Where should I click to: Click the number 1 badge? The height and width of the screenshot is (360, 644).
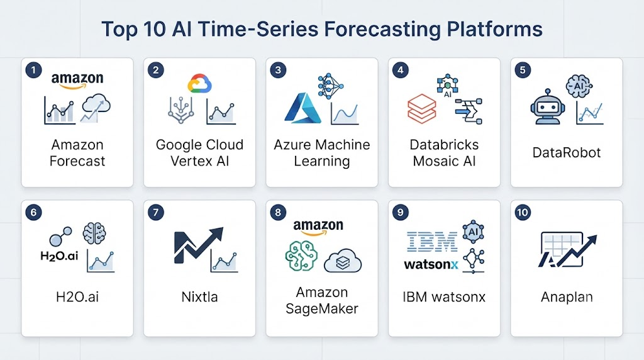click(34, 70)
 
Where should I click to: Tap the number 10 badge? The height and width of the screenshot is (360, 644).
click(523, 213)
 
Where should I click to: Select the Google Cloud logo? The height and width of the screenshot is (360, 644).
click(199, 84)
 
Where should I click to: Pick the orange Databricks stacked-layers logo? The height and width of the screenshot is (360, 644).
click(422, 108)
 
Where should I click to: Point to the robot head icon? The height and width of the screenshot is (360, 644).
click(548, 107)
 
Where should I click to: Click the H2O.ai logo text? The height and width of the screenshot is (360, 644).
click(59, 256)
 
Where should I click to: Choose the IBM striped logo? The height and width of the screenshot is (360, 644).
click(431, 241)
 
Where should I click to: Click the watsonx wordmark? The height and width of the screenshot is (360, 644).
click(431, 265)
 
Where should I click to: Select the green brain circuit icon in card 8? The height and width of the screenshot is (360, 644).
click(301, 256)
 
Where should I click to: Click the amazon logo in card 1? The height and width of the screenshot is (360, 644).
click(77, 80)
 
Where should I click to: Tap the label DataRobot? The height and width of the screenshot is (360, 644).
click(567, 153)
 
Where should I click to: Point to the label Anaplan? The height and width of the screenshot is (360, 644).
click(567, 296)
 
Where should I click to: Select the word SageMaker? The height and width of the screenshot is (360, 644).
click(322, 308)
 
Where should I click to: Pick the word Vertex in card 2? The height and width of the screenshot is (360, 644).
click(188, 161)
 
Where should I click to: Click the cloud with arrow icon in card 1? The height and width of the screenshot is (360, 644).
click(96, 108)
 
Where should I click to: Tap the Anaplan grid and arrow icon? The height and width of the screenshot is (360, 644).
click(567, 250)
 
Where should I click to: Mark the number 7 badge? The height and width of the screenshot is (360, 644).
click(156, 213)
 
